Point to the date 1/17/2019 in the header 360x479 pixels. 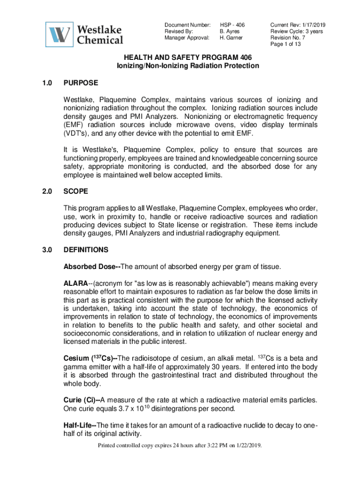[x=314, y=24]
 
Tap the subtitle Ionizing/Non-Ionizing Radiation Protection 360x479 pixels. [x=187, y=66]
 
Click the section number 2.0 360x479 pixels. [x=46, y=191]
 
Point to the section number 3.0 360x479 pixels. [x=46, y=250]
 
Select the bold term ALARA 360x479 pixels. [x=75, y=283]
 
